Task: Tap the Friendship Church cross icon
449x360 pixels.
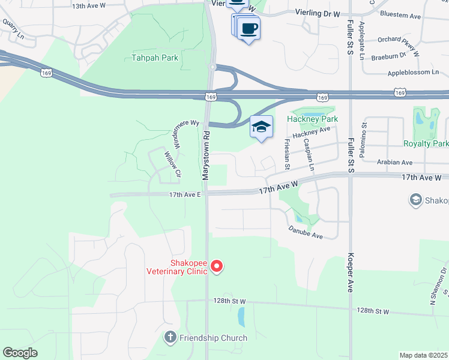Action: click(170, 338)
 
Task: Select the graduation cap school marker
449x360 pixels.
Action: click(261, 127)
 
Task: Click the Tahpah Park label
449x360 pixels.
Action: click(154, 58)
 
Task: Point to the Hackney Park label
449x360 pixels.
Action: click(312, 119)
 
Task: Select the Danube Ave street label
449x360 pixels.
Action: click(306, 232)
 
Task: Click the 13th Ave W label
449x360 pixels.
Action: click(88, 5)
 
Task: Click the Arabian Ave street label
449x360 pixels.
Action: click(394, 162)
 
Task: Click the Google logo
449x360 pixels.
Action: click(20, 353)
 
